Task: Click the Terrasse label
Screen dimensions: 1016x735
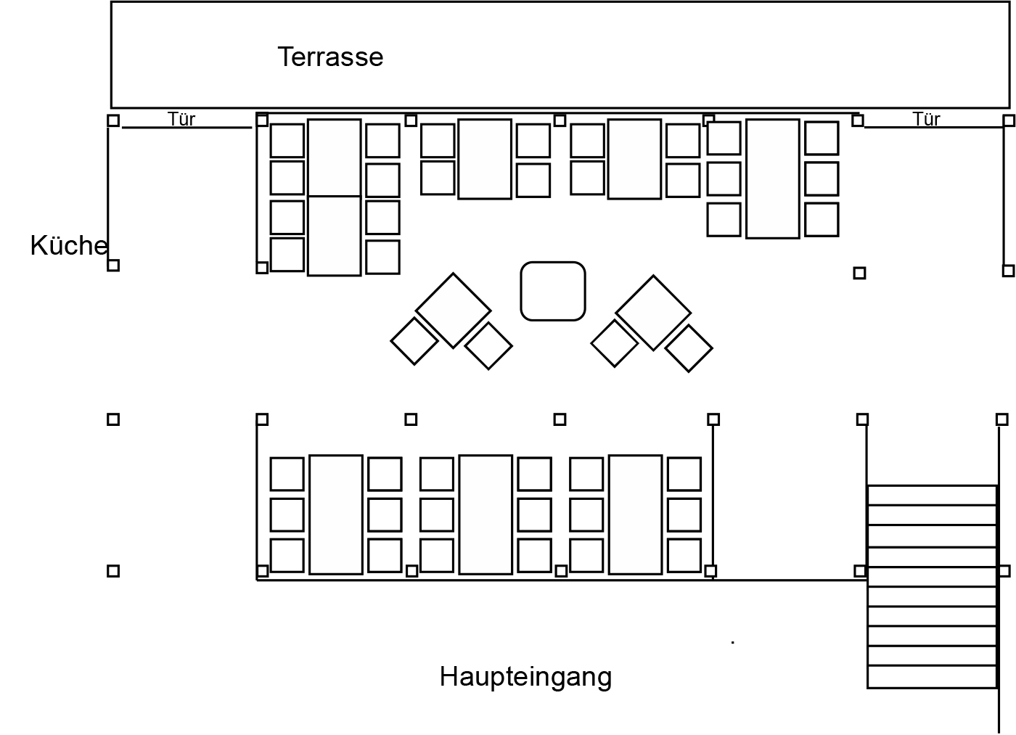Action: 330,57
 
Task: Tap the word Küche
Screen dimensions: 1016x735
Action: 69,245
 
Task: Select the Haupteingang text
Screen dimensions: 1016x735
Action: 525,678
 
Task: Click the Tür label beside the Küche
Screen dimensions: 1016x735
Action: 181,119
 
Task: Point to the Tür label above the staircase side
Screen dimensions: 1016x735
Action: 926,119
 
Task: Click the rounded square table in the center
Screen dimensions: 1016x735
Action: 553,291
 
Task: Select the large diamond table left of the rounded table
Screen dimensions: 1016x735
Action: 453,311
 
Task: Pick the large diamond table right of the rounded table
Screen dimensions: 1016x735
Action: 653,313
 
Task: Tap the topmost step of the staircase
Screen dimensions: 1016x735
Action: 932,495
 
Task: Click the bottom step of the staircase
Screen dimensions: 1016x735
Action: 932,677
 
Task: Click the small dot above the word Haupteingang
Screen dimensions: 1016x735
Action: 732,642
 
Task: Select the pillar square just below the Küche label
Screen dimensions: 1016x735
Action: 113,266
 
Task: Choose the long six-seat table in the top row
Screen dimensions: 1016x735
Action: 772,178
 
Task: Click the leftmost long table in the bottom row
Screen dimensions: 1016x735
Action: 336,514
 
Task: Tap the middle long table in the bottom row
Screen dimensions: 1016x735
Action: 486,514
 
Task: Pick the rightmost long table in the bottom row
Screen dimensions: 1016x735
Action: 635,514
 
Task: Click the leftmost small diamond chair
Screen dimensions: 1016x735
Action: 414,342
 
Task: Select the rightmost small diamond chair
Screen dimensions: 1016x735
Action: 689,348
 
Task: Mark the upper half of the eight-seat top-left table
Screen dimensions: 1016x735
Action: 335,157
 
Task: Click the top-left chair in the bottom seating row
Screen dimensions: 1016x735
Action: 287,474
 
